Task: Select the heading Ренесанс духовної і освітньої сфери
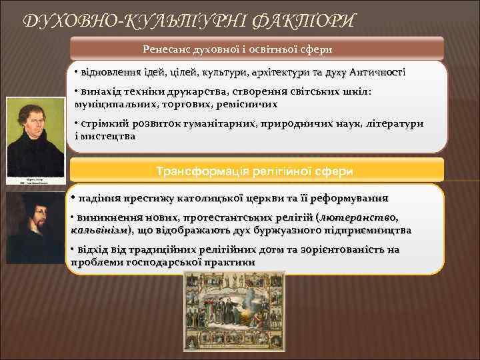[x=257, y=49]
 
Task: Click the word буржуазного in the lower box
[x=295, y=230]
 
